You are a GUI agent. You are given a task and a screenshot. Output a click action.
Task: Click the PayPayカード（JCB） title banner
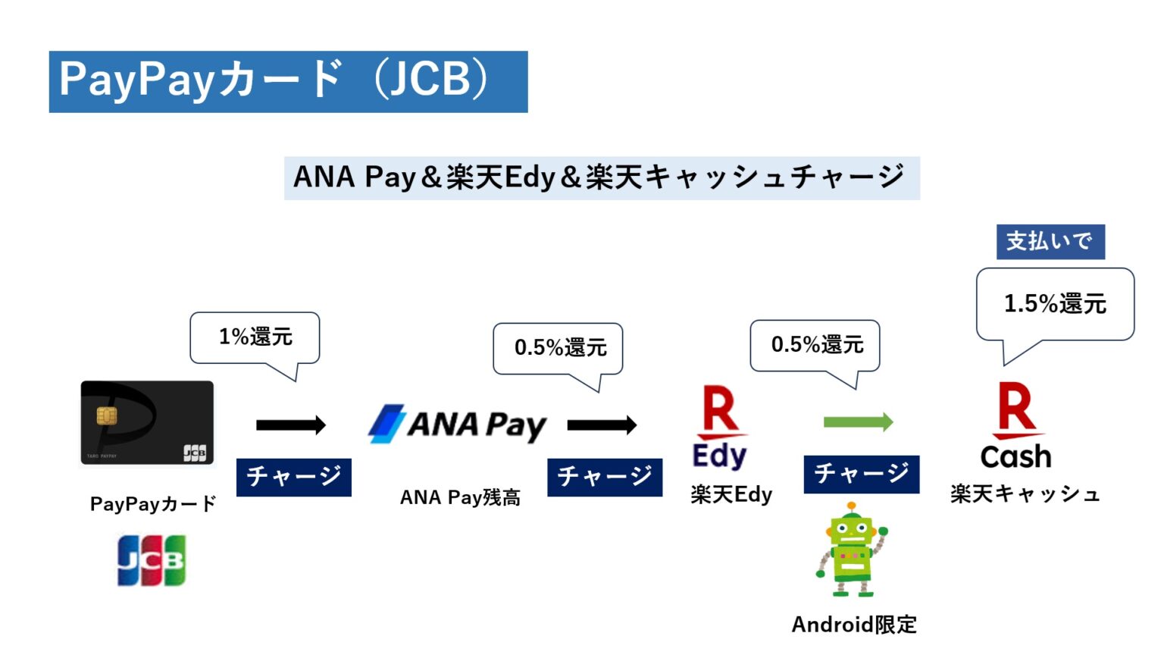pyautogui.click(x=288, y=81)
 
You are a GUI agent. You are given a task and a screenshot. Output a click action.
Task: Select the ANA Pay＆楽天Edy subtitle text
pyautogui.click(x=601, y=178)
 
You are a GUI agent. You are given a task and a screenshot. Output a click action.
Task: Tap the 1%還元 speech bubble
pyautogui.click(x=255, y=337)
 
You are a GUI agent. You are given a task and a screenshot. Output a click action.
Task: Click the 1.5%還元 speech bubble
pyautogui.click(x=1055, y=304)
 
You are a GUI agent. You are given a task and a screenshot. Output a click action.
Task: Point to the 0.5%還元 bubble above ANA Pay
pyautogui.click(x=559, y=348)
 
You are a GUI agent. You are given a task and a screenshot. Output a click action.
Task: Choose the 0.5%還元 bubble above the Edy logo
pyautogui.click(x=815, y=345)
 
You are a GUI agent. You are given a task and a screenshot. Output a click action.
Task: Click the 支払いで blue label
pyautogui.click(x=1050, y=242)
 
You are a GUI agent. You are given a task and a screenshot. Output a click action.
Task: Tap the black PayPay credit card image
pyautogui.click(x=147, y=422)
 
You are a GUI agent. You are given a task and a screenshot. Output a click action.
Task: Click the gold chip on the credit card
pyautogui.click(x=107, y=415)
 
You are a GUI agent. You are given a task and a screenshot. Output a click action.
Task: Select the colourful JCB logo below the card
pyautogui.click(x=152, y=560)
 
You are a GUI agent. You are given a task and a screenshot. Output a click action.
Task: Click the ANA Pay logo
pyautogui.click(x=458, y=425)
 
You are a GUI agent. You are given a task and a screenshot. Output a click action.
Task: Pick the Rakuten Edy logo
pyautogui.click(x=720, y=427)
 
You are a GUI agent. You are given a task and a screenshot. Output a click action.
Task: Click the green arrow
pyautogui.click(x=858, y=422)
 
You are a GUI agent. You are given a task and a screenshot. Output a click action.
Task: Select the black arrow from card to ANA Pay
pyautogui.click(x=291, y=425)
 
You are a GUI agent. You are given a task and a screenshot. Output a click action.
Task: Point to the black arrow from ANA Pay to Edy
pyautogui.click(x=602, y=425)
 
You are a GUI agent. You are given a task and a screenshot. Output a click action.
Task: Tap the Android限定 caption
pyautogui.click(x=854, y=625)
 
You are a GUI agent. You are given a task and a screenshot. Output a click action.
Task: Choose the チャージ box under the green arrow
pyautogui.click(x=861, y=475)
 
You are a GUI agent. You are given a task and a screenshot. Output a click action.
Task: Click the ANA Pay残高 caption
pyautogui.click(x=460, y=497)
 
